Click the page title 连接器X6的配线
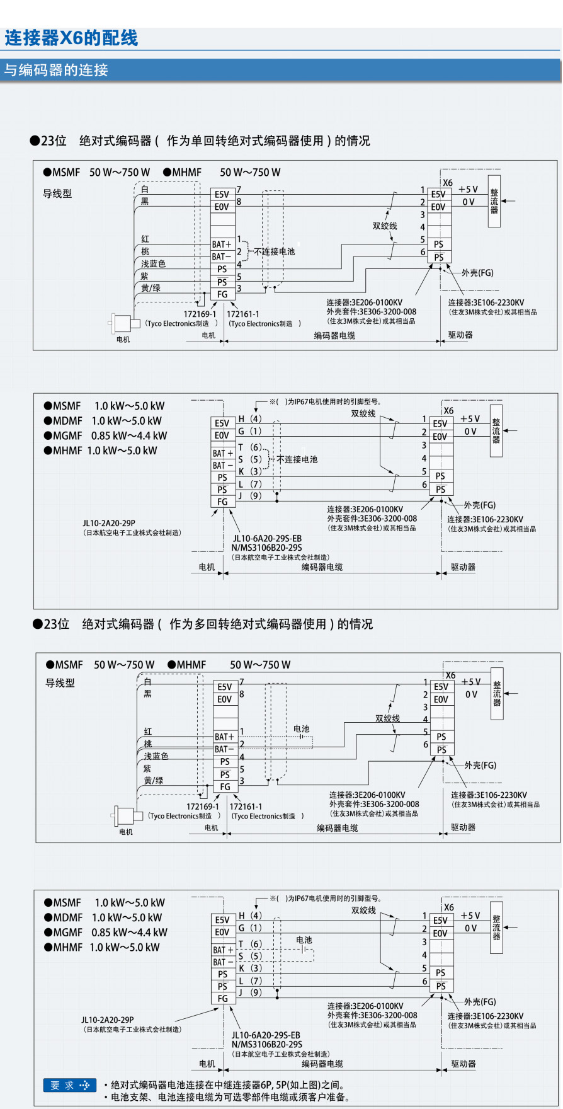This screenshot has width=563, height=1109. coord(71,38)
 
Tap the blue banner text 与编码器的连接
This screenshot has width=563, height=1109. coord(56,70)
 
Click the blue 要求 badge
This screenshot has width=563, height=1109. coord(70,1085)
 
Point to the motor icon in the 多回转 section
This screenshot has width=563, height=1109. coord(127,815)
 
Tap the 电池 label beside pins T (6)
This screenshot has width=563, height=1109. coord(304,939)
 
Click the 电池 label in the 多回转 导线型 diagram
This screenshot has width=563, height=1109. coord(302,728)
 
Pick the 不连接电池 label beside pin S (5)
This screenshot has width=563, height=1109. coord(297,459)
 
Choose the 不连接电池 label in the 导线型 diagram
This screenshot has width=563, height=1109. coord(274,251)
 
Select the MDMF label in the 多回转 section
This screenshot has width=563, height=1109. coord(68,917)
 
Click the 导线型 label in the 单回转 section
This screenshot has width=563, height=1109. coord(57,193)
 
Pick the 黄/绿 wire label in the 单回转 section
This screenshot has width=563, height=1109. coord(151,288)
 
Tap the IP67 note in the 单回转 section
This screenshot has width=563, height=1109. coord(325,401)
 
